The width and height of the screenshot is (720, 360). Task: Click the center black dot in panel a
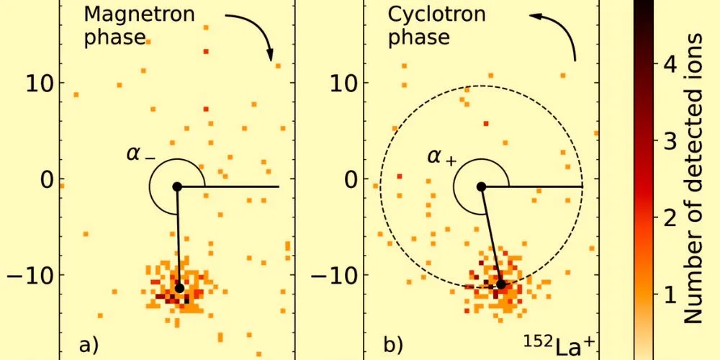[177, 186]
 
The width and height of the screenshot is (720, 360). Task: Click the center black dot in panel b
[481, 186]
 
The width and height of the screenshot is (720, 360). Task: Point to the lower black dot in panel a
[179, 288]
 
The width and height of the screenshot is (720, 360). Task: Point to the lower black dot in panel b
[501, 284]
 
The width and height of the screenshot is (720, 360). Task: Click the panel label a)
[88, 344]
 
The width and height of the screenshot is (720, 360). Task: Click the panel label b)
[394, 344]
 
